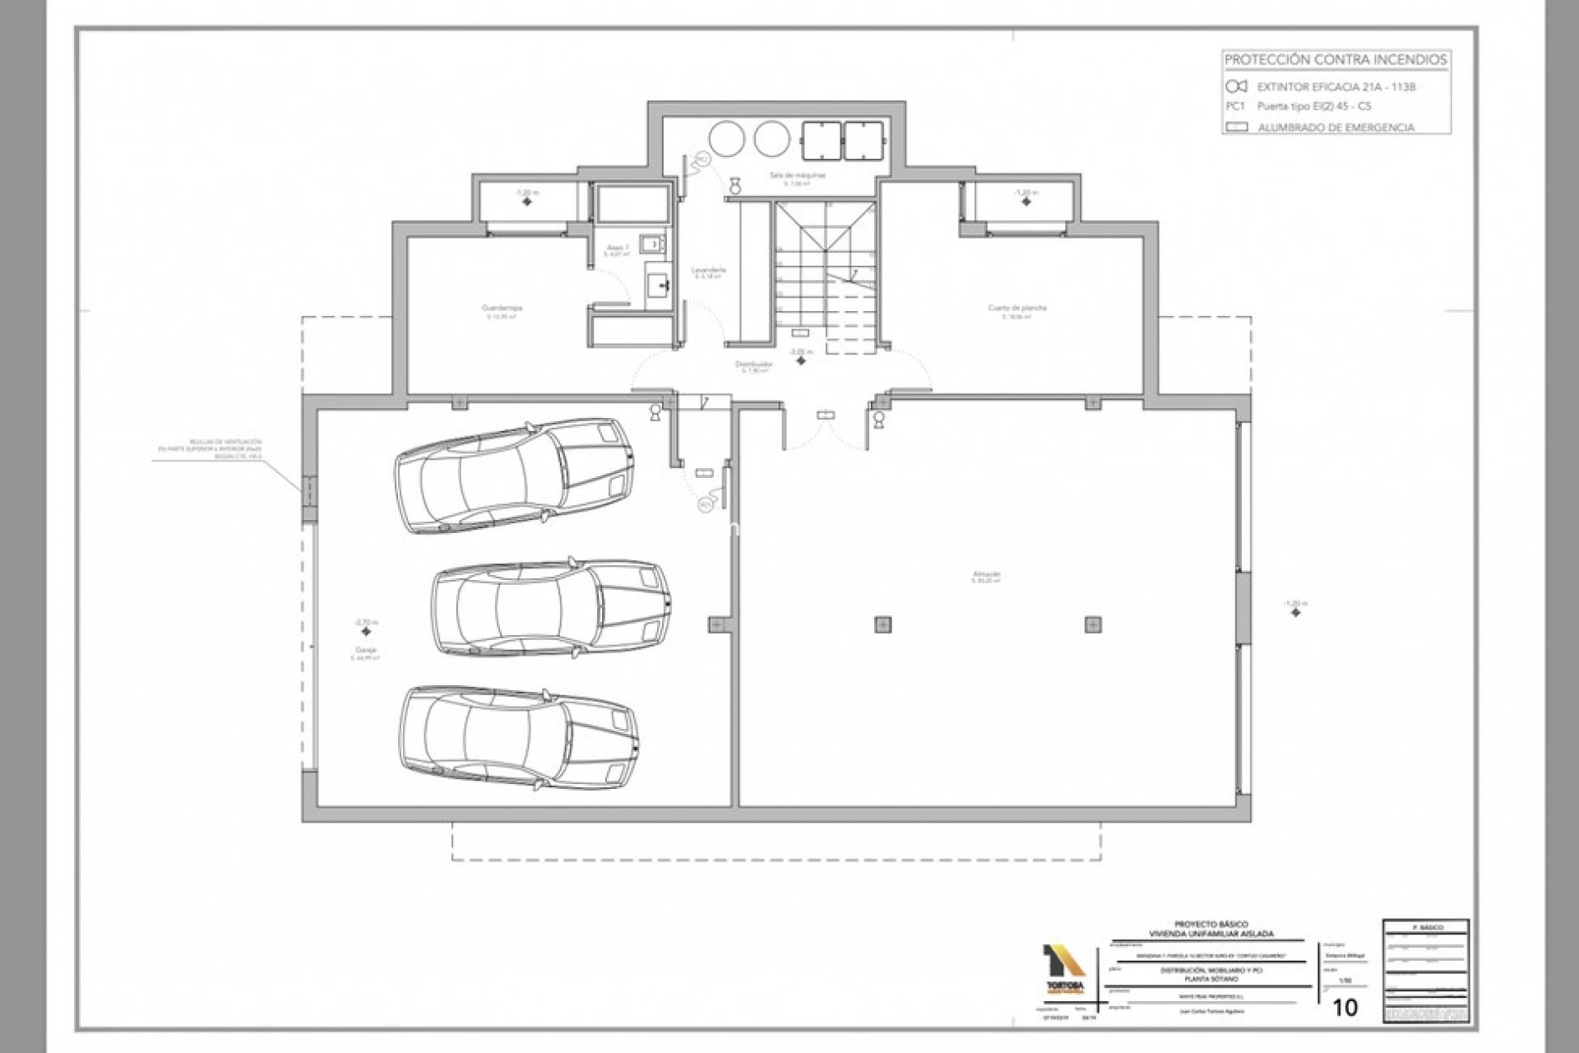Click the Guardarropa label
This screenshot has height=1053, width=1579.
pyautogui.click(x=502, y=308)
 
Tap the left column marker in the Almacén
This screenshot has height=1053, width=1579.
pyautogui.click(x=882, y=624)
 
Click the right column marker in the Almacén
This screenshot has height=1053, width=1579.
pyautogui.click(x=1092, y=624)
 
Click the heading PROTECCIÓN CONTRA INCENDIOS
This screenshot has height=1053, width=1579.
pyautogui.click(x=1336, y=60)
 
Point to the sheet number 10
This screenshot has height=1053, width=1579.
pyautogui.click(x=1345, y=1007)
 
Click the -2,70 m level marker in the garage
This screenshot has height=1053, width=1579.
pyautogui.click(x=365, y=623)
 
